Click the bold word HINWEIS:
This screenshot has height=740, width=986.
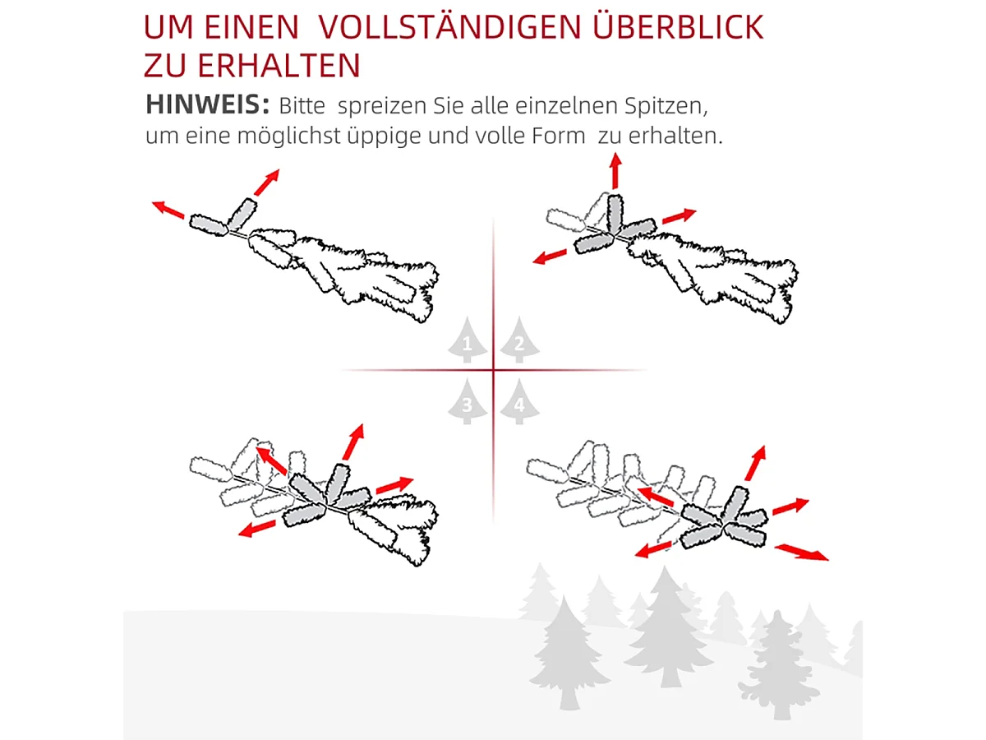click(x=208, y=105)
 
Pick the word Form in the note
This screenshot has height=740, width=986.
click(x=560, y=136)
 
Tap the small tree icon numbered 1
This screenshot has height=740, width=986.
click(x=468, y=341)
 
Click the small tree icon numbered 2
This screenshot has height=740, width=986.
click(x=519, y=340)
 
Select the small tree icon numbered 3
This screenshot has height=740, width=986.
click(x=468, y=402)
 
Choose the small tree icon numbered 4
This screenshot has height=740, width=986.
click(x=518, y=402)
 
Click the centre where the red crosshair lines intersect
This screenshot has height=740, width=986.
click(x=493, y=371)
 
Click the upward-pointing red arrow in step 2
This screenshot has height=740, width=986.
click(x=615, y=172)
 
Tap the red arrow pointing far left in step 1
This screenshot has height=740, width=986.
click(x=168, y=210)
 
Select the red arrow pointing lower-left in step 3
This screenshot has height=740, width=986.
click(x=257, y=528)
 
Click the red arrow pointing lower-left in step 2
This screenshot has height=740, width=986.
click(x=551, y=256)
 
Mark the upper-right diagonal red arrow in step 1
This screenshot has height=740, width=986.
click(x=267, y=182)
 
